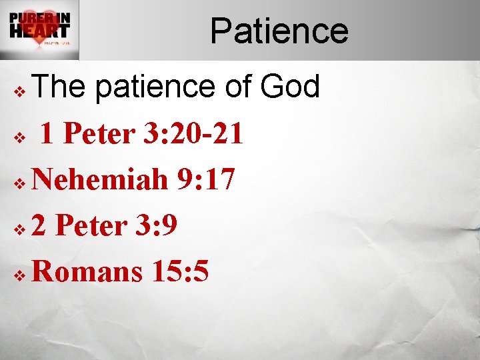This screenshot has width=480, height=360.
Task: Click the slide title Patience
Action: coord(279,31)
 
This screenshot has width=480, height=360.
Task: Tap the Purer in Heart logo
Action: coord(39,30)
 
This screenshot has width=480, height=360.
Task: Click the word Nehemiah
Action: coord(100,180)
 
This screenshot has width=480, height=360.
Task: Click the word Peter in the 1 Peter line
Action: coord(99,134)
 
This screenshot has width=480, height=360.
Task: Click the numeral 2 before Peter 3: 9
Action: coord(39,226)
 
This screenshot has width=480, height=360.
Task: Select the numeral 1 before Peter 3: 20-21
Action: coord(47,134)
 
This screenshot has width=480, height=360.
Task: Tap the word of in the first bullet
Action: coord(233,87)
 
